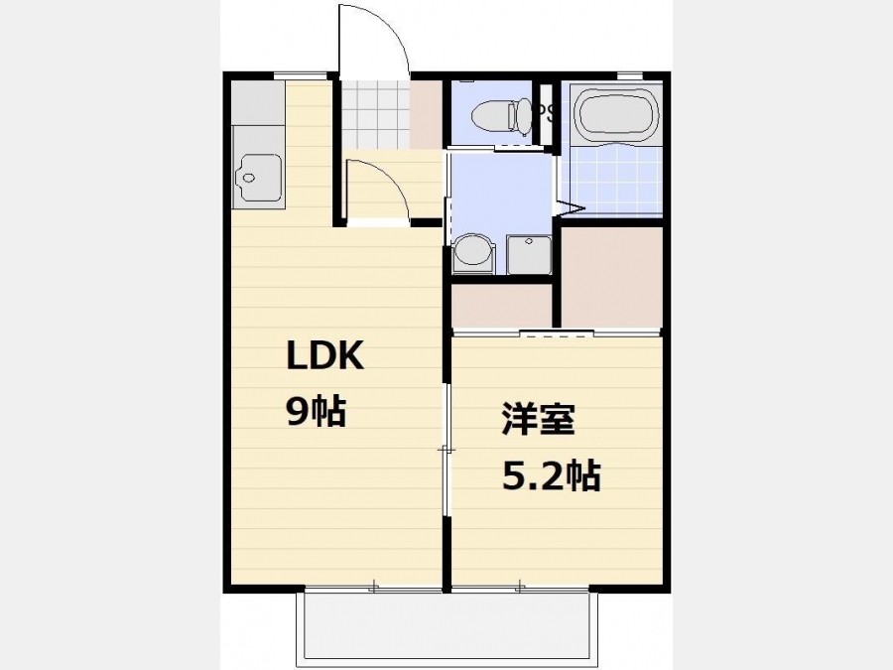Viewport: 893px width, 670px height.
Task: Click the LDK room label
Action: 324,355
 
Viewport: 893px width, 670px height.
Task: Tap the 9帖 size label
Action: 317,411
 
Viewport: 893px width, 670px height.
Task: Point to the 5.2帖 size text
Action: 552,475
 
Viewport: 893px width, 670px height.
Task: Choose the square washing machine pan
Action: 529,254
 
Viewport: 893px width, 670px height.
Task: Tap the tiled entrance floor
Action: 375,114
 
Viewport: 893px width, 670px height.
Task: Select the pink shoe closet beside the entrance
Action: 426,114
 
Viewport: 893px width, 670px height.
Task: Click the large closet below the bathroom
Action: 611,278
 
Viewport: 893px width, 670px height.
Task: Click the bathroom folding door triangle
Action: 572,208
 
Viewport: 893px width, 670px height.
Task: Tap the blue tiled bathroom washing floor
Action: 615,180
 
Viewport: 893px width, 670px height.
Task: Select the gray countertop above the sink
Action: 258,103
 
